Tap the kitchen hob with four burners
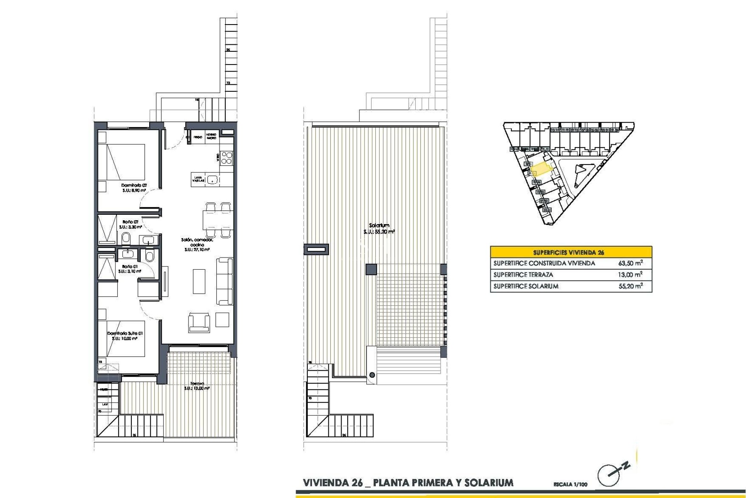point(227,158)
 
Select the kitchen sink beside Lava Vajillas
point(212,179)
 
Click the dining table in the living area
point(217,220)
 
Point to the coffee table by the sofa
point(199,281)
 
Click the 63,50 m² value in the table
point(630,263)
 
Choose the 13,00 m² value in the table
point(630,275)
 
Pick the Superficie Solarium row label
point(526,286)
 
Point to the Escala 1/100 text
point(570,484)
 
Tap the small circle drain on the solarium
point(372,375)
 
